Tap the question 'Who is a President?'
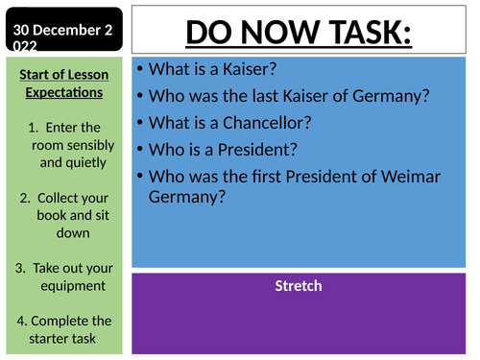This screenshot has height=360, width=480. (x=216, y=149)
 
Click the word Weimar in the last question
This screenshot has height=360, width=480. (x=418, y=176)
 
